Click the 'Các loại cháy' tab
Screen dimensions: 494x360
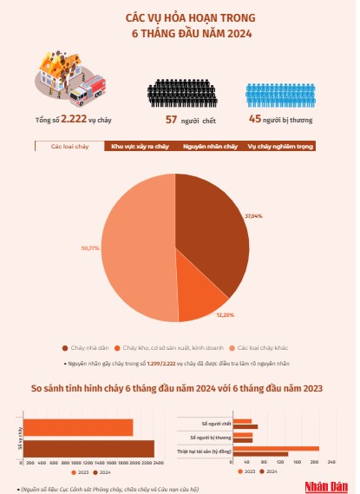click(70, 147)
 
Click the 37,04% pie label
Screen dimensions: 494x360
click(253, 214)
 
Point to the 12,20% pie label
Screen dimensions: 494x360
click(225, 313)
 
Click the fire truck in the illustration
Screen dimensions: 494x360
click(87, 87)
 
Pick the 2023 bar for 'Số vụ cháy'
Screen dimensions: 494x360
click(78, 427)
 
